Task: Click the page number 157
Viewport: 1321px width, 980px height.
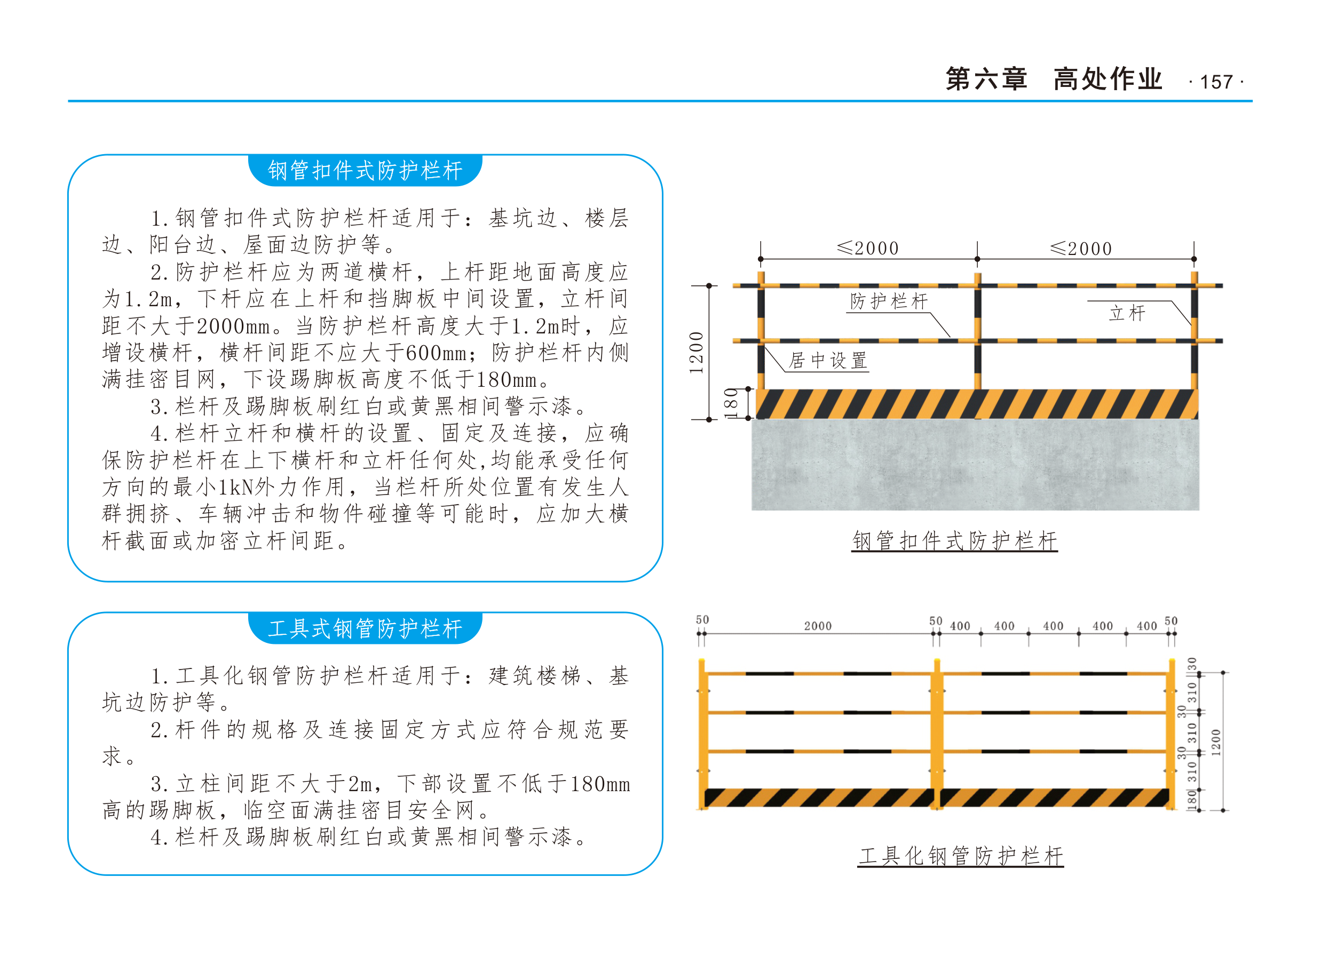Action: click(1216, 82)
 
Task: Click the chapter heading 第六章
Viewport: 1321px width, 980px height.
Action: click(986, 79)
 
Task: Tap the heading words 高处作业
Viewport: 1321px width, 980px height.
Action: click(1108, 79)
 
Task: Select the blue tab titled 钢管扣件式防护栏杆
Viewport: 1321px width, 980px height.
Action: click(365, 171)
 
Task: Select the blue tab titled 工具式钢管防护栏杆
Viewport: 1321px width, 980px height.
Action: click(365, 628)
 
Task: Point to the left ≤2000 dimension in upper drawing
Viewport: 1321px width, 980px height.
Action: click(868, 248)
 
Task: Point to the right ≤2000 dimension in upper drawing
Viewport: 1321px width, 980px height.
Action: click(1081, 248)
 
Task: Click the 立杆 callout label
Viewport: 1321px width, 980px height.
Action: click(1127, 313)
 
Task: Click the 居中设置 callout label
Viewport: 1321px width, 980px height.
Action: click(828, 360)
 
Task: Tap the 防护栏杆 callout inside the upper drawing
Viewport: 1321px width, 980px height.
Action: click(888, 301)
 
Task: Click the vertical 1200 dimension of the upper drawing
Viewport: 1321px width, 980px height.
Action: click(696, 353)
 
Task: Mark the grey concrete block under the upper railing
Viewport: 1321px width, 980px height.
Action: click(975, 465)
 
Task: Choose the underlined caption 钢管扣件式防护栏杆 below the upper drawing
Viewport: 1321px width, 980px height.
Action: click(954, 540)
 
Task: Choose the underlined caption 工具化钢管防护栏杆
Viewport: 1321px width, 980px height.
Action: click(961, 856)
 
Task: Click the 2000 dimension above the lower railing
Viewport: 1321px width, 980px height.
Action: click(818, 626)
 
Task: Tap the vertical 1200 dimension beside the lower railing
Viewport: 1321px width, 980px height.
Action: click(1216, 742)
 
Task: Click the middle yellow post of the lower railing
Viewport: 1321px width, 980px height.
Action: click(937, 735)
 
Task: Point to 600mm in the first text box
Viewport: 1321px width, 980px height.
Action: click(436, 353)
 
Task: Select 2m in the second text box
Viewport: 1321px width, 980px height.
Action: click(360, 784)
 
